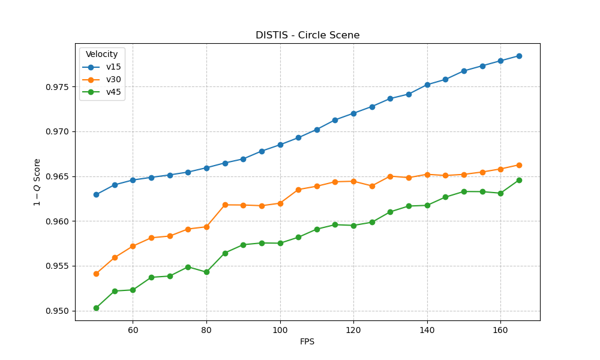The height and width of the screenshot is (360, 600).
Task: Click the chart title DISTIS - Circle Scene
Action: (307, 35)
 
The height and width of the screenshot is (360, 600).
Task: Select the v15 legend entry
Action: (113, 67)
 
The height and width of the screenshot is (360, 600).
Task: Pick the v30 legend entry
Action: (113, 80)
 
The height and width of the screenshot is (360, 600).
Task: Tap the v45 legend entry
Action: (113, 92)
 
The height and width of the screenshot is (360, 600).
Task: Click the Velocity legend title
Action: (101, 55)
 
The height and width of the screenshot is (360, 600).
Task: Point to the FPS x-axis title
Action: (307, 342)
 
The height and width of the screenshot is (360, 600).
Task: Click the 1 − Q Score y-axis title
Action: (37, 182)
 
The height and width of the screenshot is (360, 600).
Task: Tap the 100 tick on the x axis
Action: (280, 330)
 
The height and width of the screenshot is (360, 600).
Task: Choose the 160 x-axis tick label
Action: (500, 330)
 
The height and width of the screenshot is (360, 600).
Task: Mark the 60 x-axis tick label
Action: (133, 330)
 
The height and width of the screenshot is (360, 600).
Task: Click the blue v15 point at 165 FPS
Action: (519, 56)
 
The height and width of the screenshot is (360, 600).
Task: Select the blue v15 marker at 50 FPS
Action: (96, 194)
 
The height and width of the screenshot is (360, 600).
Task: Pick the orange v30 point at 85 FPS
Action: (225, 205)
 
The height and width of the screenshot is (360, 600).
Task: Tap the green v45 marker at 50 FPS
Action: (96, 308)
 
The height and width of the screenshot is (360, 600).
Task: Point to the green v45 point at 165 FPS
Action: (519, 180)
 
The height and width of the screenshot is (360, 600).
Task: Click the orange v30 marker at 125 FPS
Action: (372, 186)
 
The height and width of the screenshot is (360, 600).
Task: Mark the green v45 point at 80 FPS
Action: (206, 272)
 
